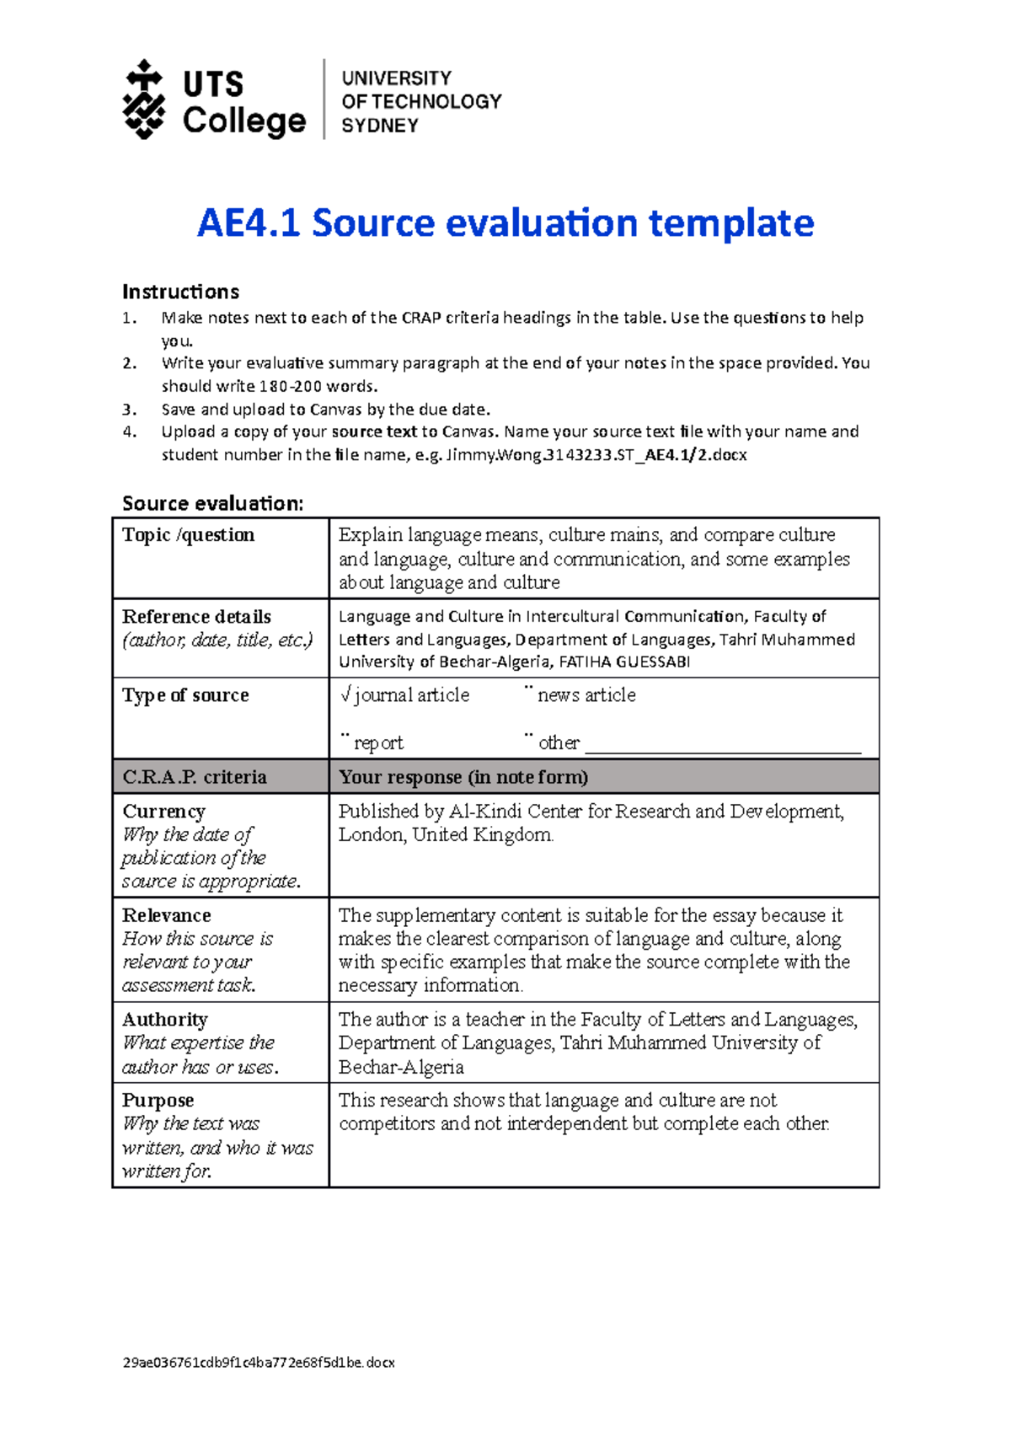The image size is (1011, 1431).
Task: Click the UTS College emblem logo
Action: pos(144,99)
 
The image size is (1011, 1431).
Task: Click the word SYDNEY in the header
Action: pos(379,126)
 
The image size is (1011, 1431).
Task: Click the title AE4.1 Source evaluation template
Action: pos(505,223)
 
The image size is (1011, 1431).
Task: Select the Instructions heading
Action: pos(180,292)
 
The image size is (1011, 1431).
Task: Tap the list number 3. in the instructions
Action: pos(129,410)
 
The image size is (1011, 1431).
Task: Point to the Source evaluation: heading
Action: pos(212,503)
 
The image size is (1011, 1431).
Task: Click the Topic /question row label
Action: pos(188,535)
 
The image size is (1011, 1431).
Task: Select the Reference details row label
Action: pos(196,616)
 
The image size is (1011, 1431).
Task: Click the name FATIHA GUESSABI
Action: pos(624,662)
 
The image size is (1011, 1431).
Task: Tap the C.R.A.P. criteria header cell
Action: pos(195,777)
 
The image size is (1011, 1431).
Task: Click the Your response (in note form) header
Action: pos(463,777)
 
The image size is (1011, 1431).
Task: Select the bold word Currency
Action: pos(163,811)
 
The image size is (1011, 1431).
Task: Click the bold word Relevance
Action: pos(167,915)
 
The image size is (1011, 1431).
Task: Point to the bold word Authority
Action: pos(165,1020)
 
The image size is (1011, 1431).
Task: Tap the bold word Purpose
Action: pos(158,1100)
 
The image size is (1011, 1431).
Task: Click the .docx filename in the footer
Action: pos(259,1363)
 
